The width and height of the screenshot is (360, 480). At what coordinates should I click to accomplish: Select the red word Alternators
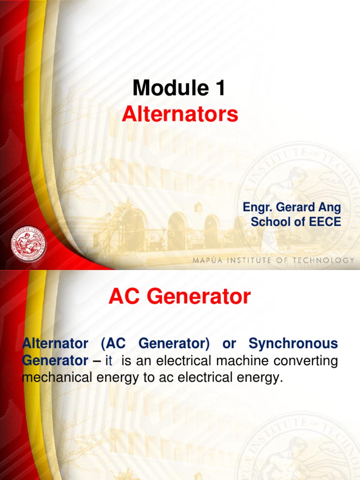pyautogui.click(x=180, y=114)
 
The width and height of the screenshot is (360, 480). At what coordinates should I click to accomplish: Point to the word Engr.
pyautogui.click(x=257, y=207)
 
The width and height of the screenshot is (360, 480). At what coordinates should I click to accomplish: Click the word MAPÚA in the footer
pyautogui.click(x=208, y=260)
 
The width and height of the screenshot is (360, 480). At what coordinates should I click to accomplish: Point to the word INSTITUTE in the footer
pyautogui.click(x=248, y=260)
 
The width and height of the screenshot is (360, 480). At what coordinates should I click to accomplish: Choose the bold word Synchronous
pyautogui.click(x=293, y=344)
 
